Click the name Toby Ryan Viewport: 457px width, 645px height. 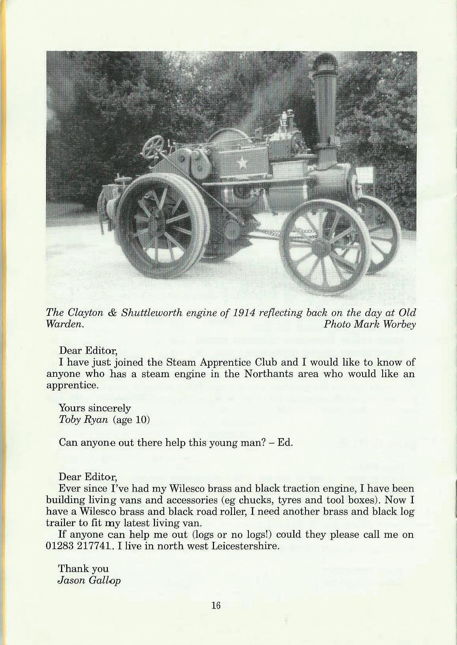[x=83, y=420]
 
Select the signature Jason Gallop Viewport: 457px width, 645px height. [x=89, y=580]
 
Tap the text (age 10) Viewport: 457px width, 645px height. [x=131, y=420]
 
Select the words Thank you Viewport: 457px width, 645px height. [x=83, y=569]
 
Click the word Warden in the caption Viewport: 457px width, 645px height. [x=65, y=325]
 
